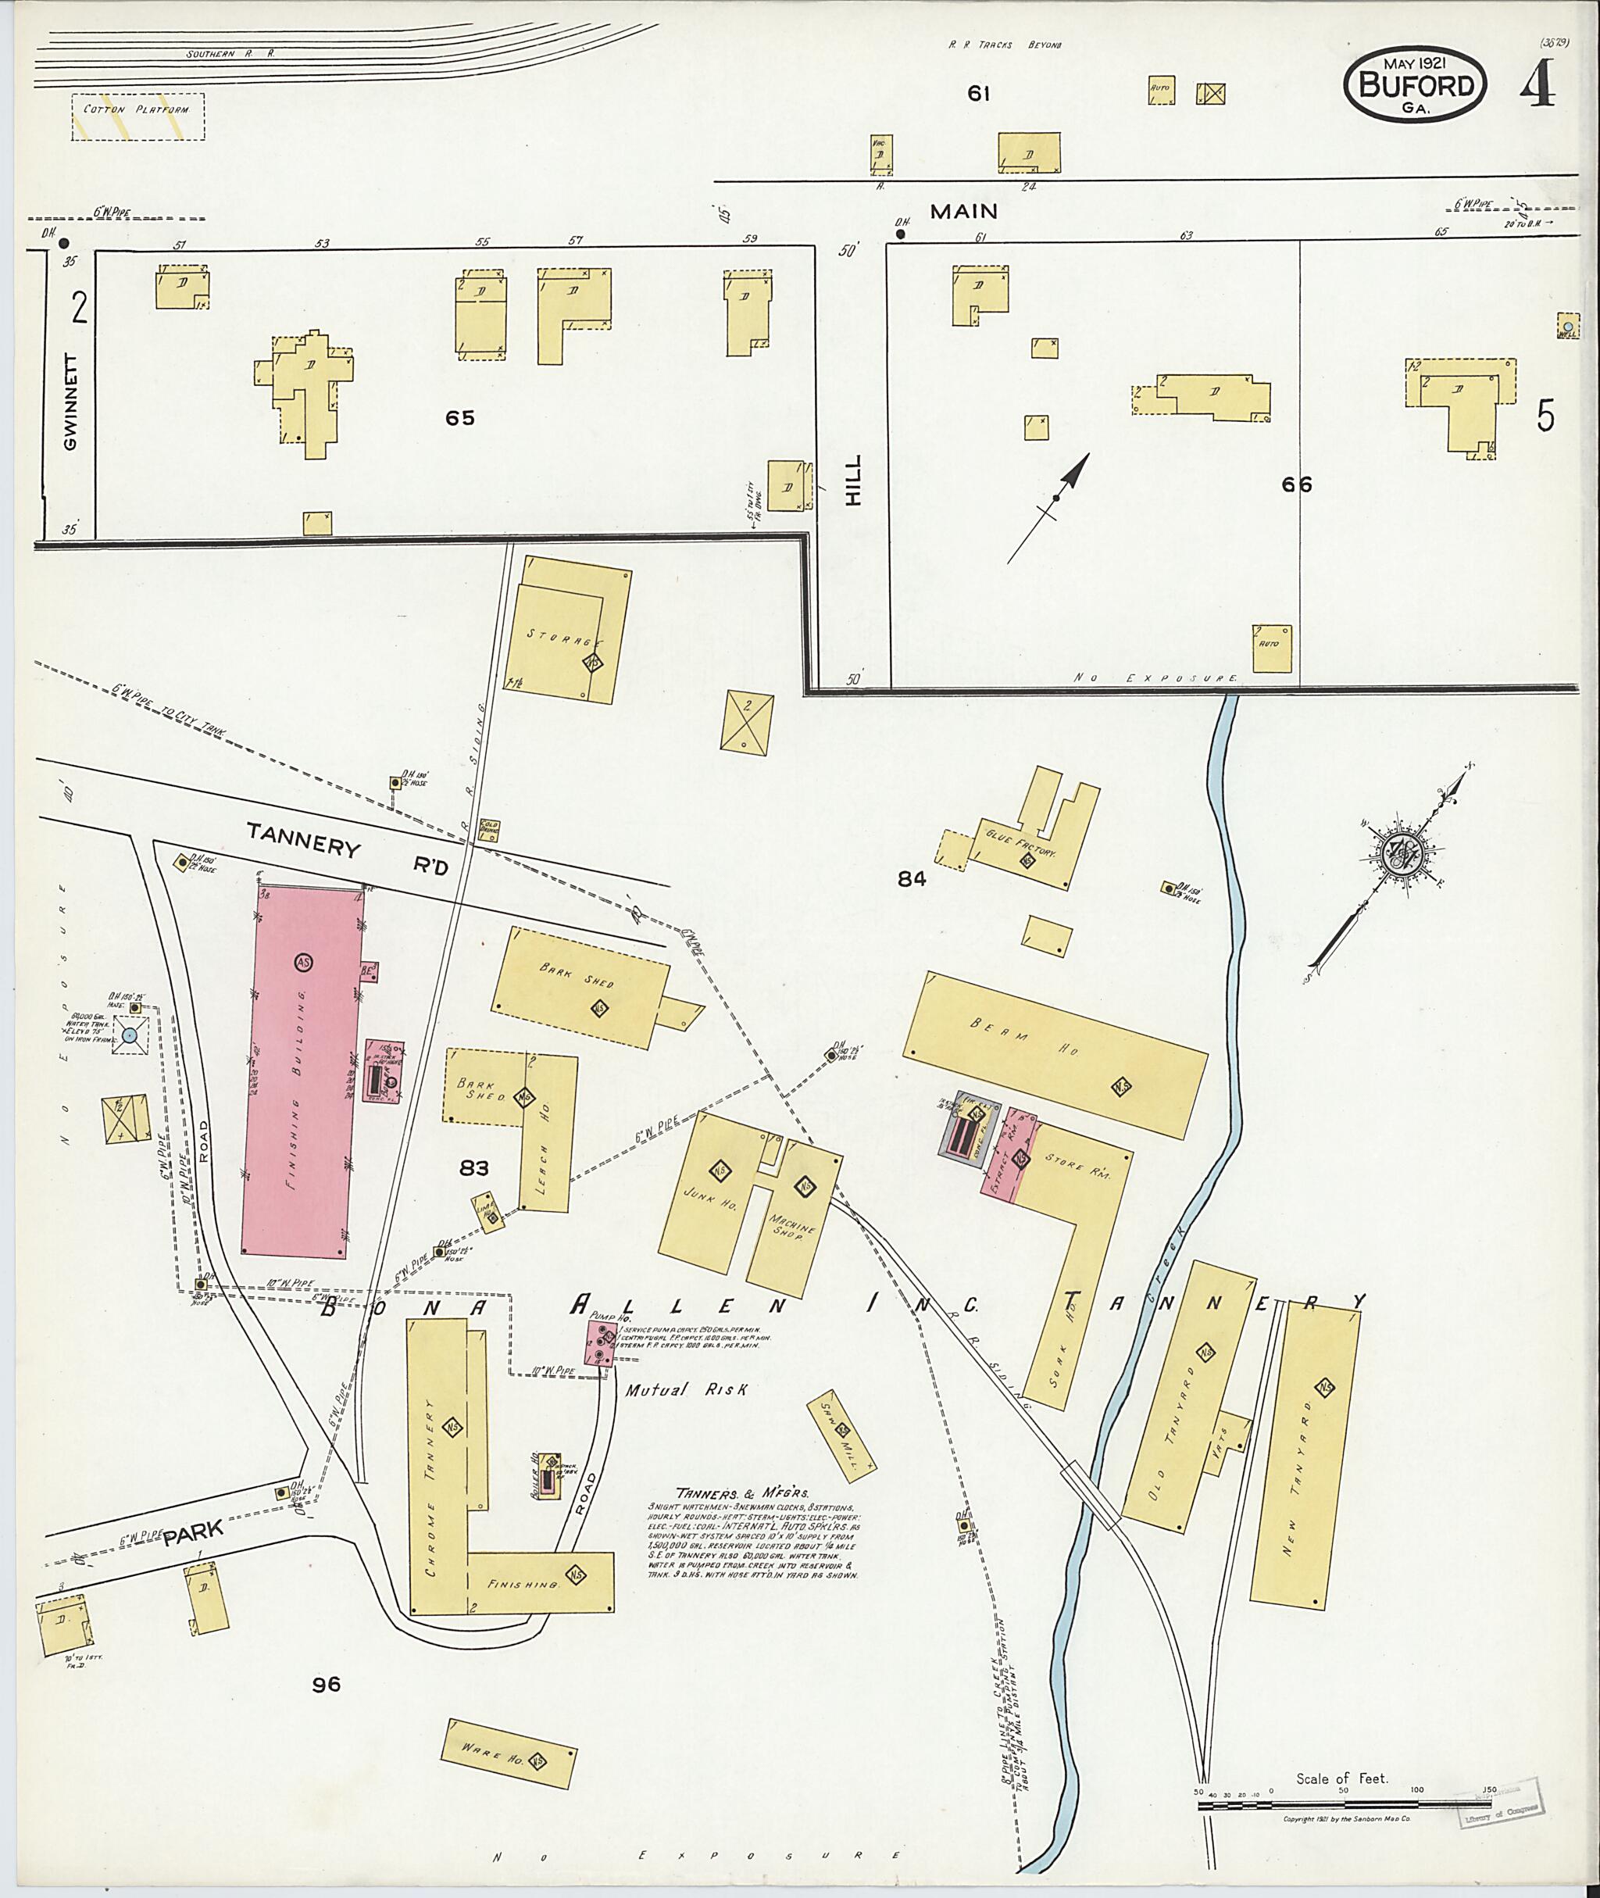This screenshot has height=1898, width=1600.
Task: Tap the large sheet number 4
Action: coord(1539,84)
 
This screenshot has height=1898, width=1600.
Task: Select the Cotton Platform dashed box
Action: coord(137,116)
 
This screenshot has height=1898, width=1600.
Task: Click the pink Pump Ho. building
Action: coord(599,1342)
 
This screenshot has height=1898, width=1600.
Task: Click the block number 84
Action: coord(911,878)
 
